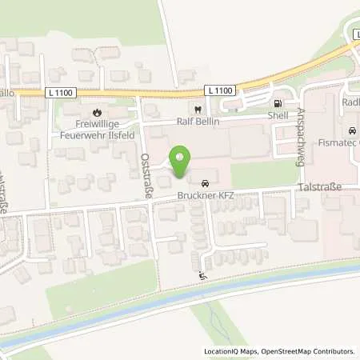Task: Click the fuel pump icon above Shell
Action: (277, 102)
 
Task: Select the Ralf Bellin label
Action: (196, 122)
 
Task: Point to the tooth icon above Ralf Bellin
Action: (196, 110)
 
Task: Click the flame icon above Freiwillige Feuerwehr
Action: (97, 112)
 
